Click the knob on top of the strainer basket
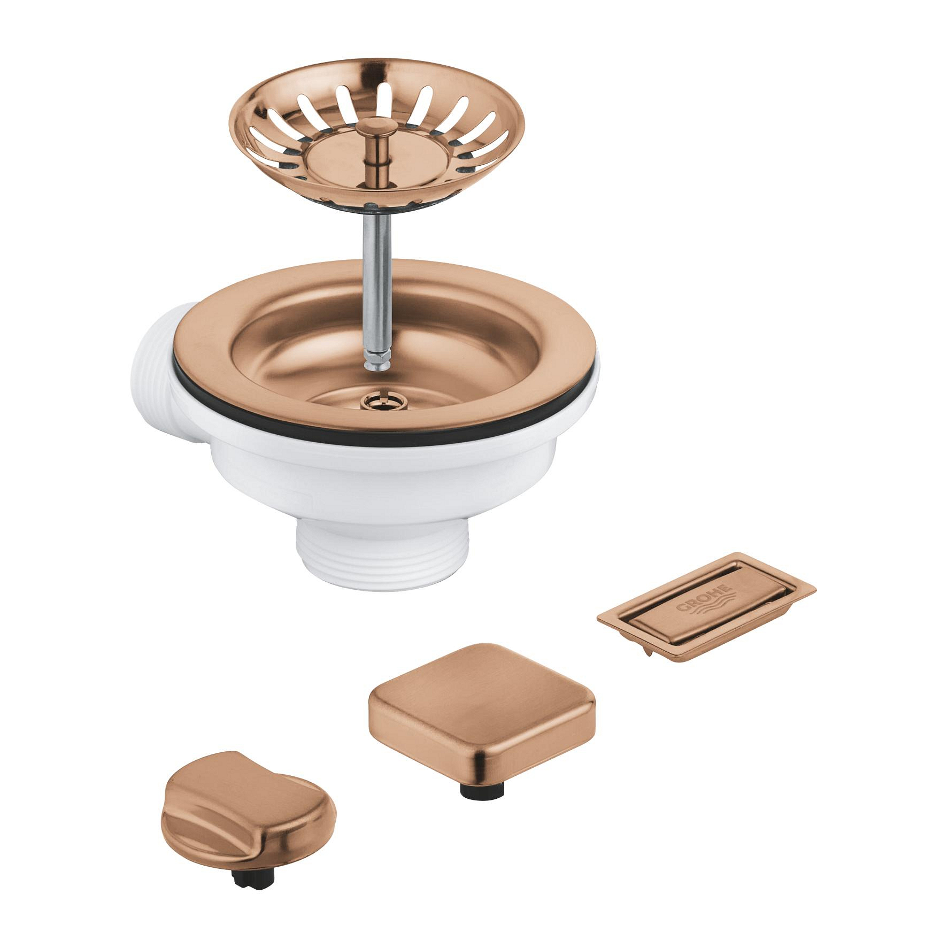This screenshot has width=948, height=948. [x=377, y=128]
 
